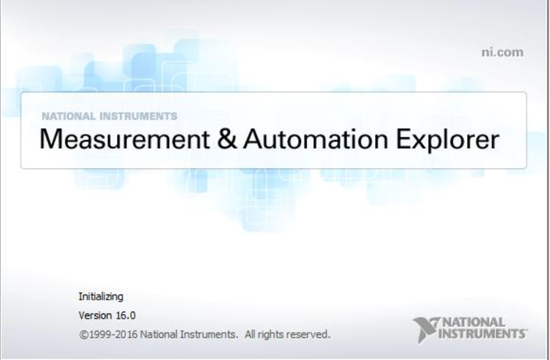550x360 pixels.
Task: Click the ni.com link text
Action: (503, 52)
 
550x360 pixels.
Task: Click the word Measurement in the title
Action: (125, 139)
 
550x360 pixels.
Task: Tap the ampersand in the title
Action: (227, 139)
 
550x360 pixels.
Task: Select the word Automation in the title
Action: (315, 139)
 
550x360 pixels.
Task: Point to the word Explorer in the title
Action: (448, 140)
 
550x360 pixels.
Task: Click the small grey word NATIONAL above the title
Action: (69, 116)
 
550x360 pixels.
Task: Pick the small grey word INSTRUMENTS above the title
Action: (138, 116)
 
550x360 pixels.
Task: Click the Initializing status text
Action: (101, 297)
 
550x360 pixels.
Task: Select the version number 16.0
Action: (125, 316)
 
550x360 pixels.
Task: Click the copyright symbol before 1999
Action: (83, 334)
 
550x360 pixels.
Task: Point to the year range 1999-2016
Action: (113, 334)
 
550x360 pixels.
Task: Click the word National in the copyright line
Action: (158, 334)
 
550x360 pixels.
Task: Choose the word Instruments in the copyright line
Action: (208, 334)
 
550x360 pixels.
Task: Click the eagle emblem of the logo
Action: (425, 329)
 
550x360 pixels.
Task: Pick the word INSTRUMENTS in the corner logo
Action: (482, 333)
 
